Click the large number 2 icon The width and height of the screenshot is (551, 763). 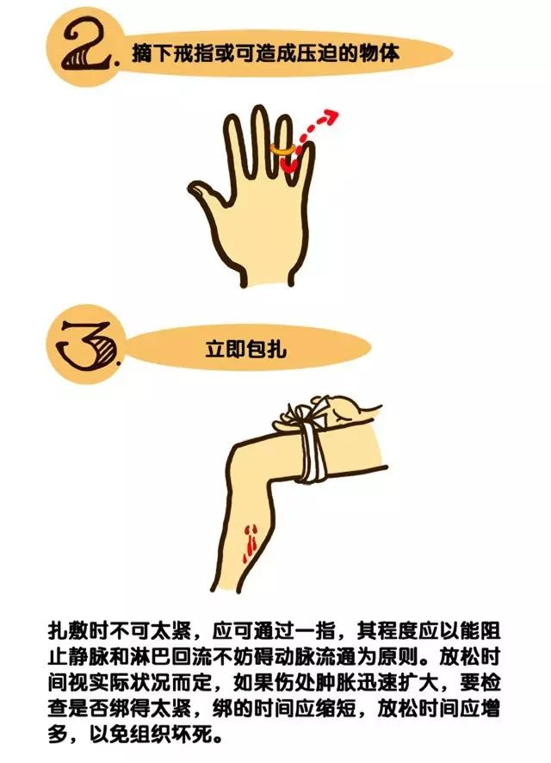(x=90, y=52)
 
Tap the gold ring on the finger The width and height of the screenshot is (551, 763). (x=280, y=149)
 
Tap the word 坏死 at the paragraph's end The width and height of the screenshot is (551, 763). (x=219, y=738)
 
